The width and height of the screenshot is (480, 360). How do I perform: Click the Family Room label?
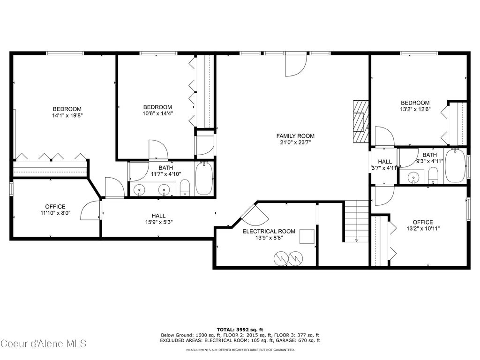coord(295,136)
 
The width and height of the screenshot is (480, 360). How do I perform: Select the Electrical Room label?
coord(269,231)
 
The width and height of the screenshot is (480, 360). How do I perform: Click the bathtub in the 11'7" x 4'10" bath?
coord(204,178)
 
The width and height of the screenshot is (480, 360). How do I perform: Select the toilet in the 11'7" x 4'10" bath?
coord(185,187)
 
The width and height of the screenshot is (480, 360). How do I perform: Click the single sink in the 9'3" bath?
coord(413,177)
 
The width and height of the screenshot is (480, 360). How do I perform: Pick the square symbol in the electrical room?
coord(307,237)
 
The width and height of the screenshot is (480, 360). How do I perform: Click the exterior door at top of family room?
coord(295,65)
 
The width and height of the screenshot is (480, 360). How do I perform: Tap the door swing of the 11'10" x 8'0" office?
coord(90,211)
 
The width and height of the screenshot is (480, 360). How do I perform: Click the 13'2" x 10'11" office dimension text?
coord(422,229)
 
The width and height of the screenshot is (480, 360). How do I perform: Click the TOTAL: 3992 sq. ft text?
coord(240,329)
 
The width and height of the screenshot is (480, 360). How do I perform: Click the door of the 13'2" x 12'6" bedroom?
coord(384,136)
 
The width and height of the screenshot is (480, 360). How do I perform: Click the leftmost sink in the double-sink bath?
coord(140,190)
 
